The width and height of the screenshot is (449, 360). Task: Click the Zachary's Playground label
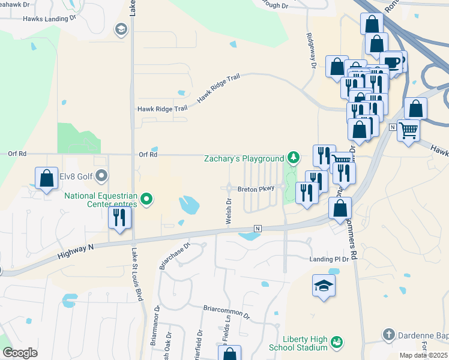pyautogui.click(x=244, y=159)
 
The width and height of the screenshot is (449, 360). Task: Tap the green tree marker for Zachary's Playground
pyautogui.click(x=293, y=158)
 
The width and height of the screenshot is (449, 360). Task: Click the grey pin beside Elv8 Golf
pyautogui.click(x=101, y=176)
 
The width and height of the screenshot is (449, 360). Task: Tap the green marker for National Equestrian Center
pyautogui.click(x=148, y=197)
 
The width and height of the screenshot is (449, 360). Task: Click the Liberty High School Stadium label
pyautogui.click(x=304, y=342)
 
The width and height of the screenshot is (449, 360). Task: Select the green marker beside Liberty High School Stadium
pyautogui.click(x=337, y=342)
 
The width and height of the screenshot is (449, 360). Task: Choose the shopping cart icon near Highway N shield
pyautogui.click(x=408, y=130)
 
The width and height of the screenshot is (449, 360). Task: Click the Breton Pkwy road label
pyautogui.click(x=256, y=188)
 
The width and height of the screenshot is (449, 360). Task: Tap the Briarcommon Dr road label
pyautogui.click(x=226, y=312)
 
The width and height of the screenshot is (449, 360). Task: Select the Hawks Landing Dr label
pyautogui.click(x=49, y=19)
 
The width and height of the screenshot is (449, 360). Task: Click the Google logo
pyautogui.click(x=20, y=352)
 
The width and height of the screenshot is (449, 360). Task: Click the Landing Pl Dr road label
pyautogui.click(x=329, y=259)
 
